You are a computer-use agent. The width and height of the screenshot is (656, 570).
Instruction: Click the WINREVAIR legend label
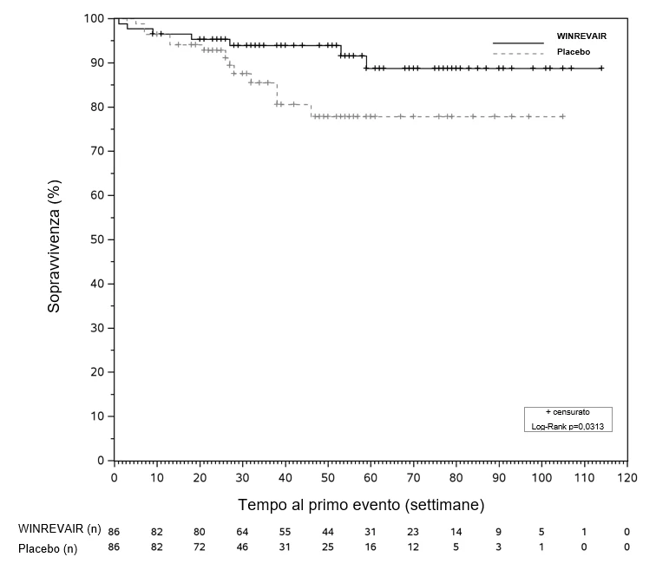[581, 36]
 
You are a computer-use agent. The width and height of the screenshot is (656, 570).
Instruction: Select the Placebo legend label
[574, 52]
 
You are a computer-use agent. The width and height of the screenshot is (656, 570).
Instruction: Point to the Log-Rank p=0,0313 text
[567, 427]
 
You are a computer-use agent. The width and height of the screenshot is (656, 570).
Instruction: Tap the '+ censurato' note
[567, 412]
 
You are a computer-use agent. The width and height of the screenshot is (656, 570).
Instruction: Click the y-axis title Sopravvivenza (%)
[54, 246]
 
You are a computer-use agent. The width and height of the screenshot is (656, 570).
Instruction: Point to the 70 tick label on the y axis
[97, 151]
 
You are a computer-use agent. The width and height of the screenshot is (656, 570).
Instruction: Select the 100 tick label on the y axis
[94, 18]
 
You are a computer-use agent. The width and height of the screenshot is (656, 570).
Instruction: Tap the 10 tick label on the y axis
[97, 416]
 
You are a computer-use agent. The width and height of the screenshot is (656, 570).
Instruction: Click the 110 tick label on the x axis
[584, 477]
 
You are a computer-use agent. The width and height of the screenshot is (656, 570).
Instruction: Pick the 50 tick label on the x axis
[328, 477]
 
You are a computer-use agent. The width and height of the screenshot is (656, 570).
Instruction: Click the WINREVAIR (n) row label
[59, 528]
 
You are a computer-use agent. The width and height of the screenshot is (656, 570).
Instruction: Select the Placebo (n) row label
[48, 548]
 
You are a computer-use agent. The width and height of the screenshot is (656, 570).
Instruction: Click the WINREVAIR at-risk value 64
[242, 532]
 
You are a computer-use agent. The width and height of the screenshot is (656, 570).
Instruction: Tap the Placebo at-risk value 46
[242, 547]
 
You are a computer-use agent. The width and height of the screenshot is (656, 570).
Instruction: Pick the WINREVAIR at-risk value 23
[413, 532]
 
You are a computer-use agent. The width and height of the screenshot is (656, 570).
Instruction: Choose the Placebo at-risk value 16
[371, 547]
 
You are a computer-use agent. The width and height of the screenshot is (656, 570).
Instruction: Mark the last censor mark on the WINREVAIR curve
[601, 69]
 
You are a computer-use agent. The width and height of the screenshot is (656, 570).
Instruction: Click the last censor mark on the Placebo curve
[562, 116]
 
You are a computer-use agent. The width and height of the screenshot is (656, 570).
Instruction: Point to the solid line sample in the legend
[518, 43]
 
